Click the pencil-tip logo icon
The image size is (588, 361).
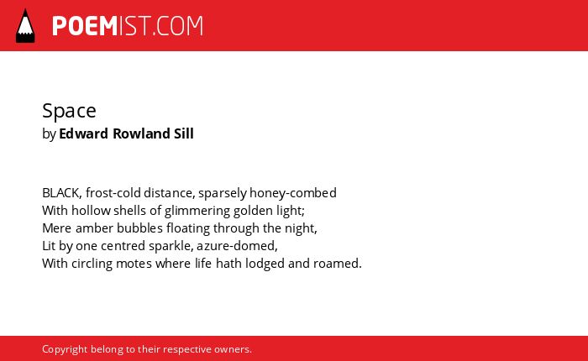(25, 26)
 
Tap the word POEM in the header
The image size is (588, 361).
(85, 26)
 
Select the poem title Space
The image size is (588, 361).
(69, 111)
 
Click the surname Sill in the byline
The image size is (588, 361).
(183, 133)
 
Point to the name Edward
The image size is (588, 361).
(84, 133)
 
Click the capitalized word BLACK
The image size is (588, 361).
(60, 193)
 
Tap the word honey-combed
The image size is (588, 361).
(293, 193)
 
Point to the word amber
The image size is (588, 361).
(94, 228)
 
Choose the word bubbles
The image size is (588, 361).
(139, 228)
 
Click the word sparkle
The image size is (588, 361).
(170, 246)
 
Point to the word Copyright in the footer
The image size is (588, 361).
(65, 349)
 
